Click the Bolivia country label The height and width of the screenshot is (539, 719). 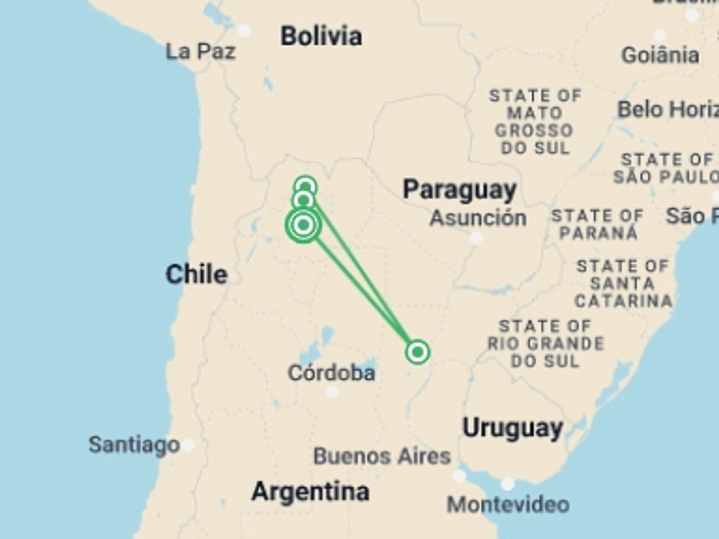click(x=321, y=36)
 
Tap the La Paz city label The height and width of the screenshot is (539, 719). click(x=200, y=51)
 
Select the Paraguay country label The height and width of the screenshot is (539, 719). click(x=459, y=190)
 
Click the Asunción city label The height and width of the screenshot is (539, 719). click(x=478, y=218)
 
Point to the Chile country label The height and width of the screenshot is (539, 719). click(x=197, y=274)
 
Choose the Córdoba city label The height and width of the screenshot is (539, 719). click(x=331, y=373)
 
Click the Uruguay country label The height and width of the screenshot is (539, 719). click(x=513, y=428)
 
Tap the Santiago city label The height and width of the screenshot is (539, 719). click(x=134, y=445)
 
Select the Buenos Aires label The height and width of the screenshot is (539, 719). click(x=382, y=456)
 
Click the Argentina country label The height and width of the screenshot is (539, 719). click(x=310, y=491)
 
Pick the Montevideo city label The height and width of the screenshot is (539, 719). click(x=508, y=505)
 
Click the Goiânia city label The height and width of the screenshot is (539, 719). click(x=660, y=55)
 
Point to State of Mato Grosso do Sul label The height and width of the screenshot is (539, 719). click(x=535, y=122)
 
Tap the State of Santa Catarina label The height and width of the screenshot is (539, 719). click(x=623, y=283)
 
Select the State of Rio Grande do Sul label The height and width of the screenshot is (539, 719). click(x=546, y=344)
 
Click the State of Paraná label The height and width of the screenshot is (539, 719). click(x=597, y=224)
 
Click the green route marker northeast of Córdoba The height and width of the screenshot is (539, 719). click(x=417, y=352)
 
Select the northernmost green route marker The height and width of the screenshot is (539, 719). click(x=306, y=186)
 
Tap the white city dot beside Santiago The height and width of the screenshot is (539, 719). click(x=188, y=445)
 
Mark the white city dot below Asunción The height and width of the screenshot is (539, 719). click(x=476, y=237)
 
